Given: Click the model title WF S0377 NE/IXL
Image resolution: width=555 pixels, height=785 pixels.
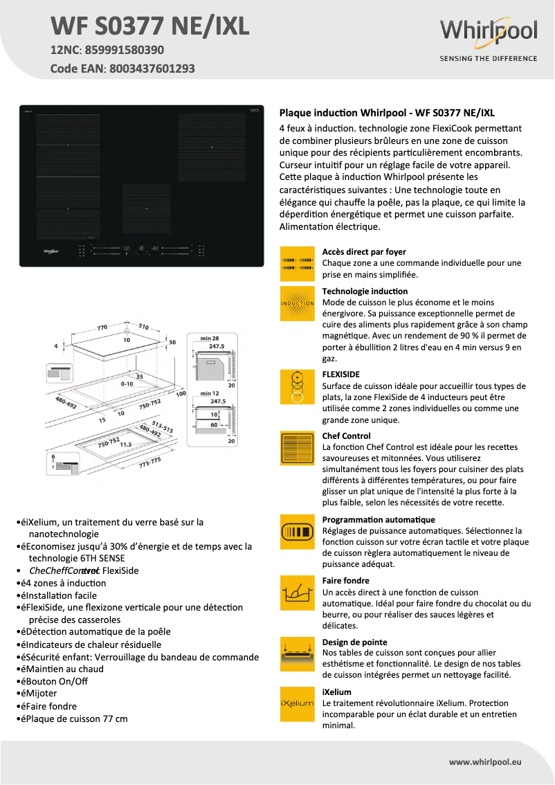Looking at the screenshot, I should click(149, 27).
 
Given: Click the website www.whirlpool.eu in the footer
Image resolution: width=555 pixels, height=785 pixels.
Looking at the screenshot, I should click(485, 761).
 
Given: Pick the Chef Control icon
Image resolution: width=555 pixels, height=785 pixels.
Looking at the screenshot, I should click(298, 449).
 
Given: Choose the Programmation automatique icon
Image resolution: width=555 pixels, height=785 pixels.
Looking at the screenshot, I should click(298, 532).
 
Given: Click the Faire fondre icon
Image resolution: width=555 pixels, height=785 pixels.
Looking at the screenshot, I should click(298, 593).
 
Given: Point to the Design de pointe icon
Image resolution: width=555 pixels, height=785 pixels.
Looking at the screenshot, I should click(298, 654).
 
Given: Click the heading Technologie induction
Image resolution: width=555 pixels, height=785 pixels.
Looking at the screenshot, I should click(365, 291).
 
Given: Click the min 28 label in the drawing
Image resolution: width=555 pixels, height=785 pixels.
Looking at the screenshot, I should click(210, 337).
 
